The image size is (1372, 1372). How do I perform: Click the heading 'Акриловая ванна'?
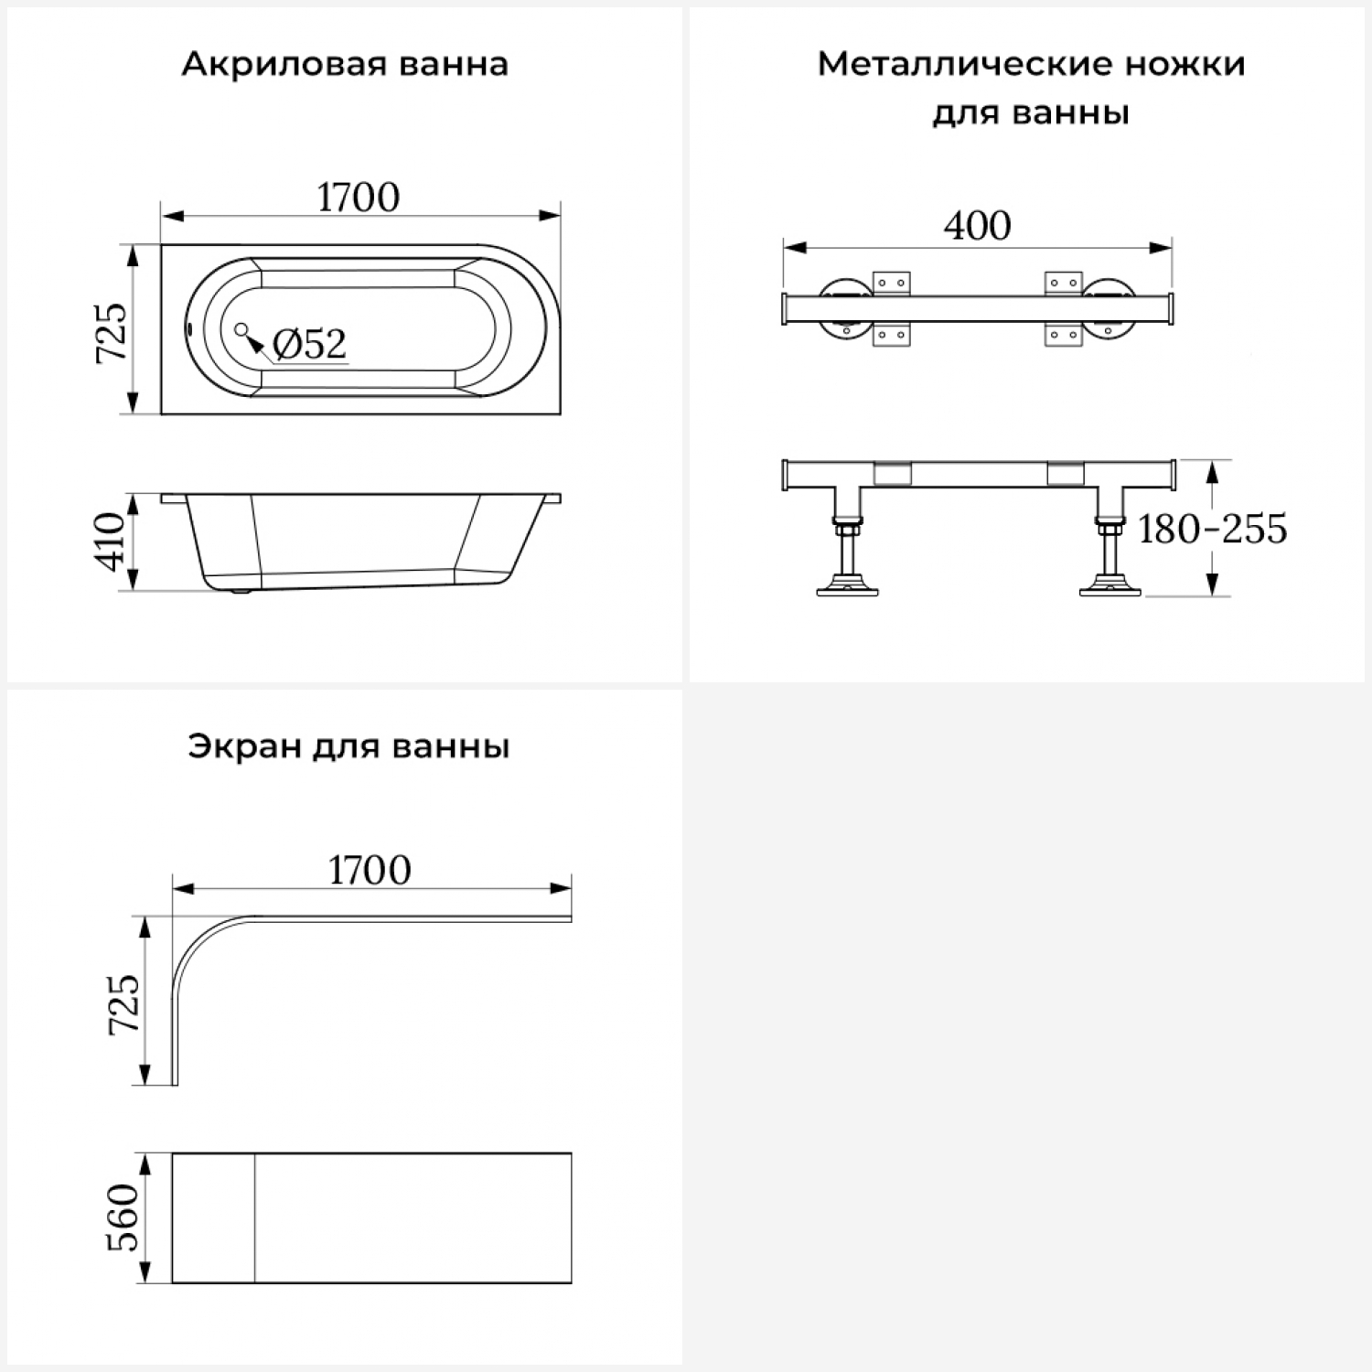[345, 65]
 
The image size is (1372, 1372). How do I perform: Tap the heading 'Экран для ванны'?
[348, 747]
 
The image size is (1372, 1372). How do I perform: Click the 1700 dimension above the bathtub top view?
[359, 198]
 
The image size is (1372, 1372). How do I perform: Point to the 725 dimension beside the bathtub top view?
[113, 331]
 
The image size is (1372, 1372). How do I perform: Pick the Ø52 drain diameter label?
[310, 344]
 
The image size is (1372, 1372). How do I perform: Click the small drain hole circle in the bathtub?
[241, 329]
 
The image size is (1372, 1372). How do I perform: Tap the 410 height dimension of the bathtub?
[111, 542]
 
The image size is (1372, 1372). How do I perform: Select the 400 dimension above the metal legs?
[977, 226]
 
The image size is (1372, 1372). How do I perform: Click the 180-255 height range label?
[1212, 529]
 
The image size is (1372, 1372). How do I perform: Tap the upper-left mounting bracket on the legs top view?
[891, 283]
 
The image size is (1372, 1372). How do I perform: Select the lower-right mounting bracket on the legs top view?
[1063, 335]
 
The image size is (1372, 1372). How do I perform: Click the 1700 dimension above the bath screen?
[370, 871]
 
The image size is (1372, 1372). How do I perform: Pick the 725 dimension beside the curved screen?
[125, 1003]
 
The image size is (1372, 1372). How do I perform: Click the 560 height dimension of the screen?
[123, 1217]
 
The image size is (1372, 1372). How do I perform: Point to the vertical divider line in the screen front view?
[254, 1217]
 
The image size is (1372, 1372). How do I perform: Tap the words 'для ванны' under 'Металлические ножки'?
[1031, 114]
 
